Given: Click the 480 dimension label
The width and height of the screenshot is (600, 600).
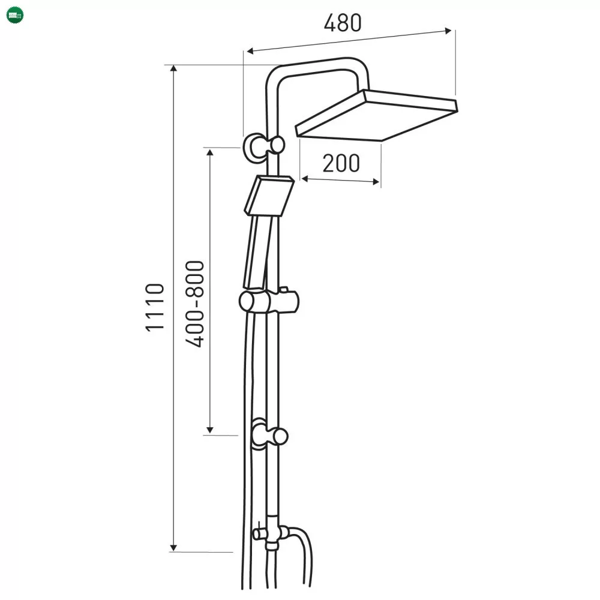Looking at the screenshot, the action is (x=343, y=23).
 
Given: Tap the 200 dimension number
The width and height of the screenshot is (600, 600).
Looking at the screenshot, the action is (x=341, y=163).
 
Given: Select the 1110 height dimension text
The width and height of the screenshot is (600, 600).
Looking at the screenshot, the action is (x=155, y=308).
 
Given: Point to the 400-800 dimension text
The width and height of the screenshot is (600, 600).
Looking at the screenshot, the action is (x=195, y=304).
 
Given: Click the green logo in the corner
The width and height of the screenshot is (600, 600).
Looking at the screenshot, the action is (x=16, y=16).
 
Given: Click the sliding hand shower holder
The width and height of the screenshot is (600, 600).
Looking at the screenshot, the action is (x=269, y=301).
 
